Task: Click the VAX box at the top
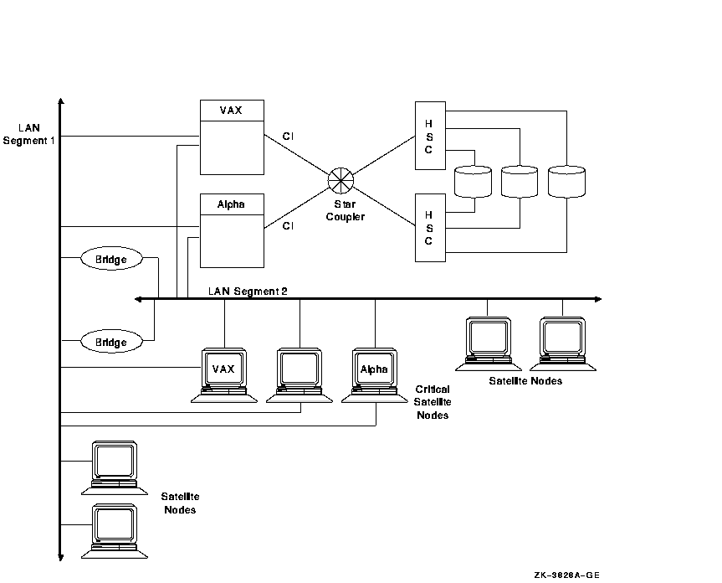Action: point(232,137)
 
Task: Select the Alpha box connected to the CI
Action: point(232,231)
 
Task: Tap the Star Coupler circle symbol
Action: point(341,180)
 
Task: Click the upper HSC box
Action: point(428,136)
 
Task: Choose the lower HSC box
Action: point(428,228)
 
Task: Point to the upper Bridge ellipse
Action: point(110,260)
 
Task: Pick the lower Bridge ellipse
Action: point(110,342)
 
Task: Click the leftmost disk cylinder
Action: point(473,183)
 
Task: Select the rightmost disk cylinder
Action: point(566,183)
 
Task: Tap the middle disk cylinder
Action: point(520,183)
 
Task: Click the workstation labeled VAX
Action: point(224,374)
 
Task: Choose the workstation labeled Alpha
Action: point(374,374)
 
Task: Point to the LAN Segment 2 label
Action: point(248,291)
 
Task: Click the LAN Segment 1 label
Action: point(28,134)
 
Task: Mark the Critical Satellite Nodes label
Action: point(433,402)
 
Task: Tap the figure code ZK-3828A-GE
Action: point(566,575)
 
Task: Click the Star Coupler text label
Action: point(341,210)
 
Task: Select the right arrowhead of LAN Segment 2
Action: point(596,299)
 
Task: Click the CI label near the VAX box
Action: point(289,136)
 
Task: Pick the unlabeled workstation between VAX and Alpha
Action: point(300,374)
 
